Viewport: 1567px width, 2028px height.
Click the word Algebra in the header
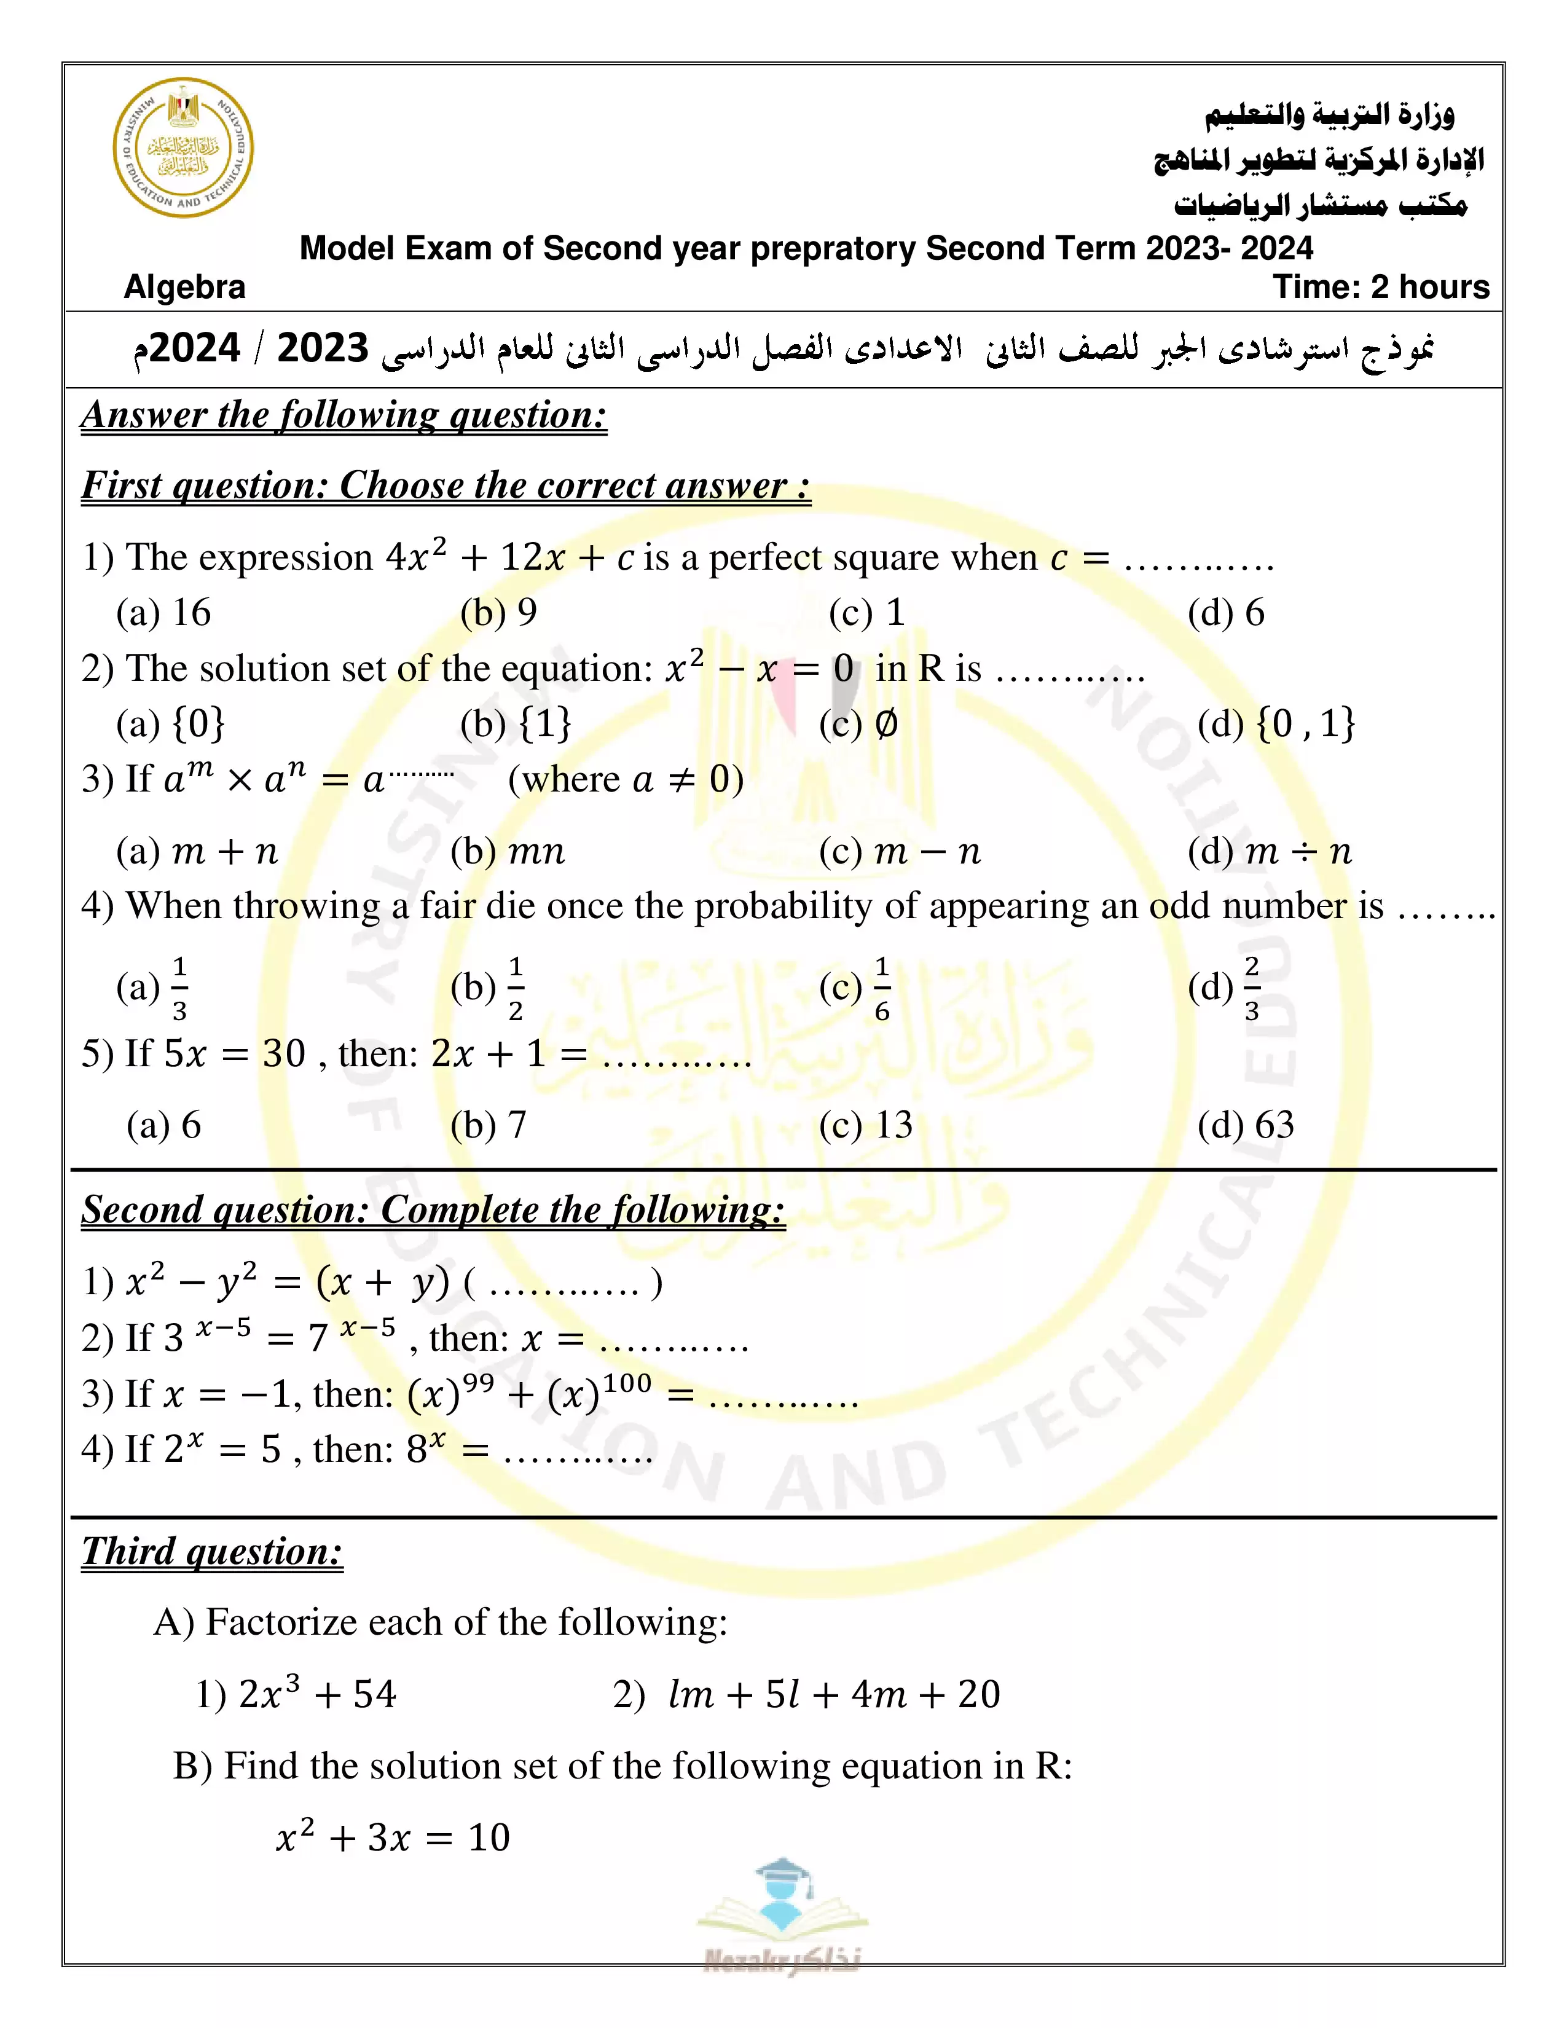[185, 287]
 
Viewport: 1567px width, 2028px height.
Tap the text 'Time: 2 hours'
[1380, 287]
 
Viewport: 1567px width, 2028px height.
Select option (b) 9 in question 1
[498, 613]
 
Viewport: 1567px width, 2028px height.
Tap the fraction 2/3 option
[1225, 988]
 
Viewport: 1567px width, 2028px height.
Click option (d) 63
[1245, 1125]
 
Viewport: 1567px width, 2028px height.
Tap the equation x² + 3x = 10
[394, 1837]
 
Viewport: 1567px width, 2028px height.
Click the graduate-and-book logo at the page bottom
[782, 1913]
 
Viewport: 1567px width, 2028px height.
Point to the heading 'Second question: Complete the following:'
[433, 1210]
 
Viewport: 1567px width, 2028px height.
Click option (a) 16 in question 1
[164, 613]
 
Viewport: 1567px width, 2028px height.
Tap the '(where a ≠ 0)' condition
[626, 780]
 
